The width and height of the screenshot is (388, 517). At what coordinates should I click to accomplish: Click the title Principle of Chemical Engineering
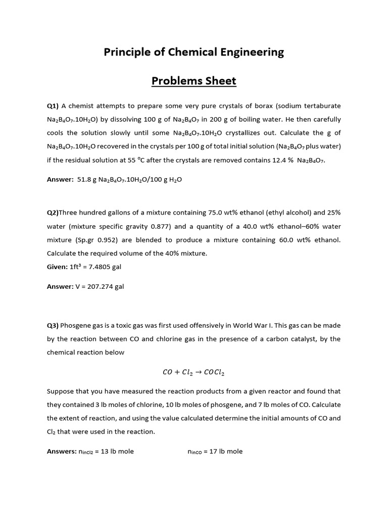[x=194, y=52]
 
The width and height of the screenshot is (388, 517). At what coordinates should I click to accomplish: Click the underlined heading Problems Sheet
[x=194, y=81]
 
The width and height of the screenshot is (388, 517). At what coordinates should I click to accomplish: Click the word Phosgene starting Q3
[x=77, y=325]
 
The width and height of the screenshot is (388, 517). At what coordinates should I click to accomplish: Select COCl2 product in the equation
[x=214, y=373]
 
